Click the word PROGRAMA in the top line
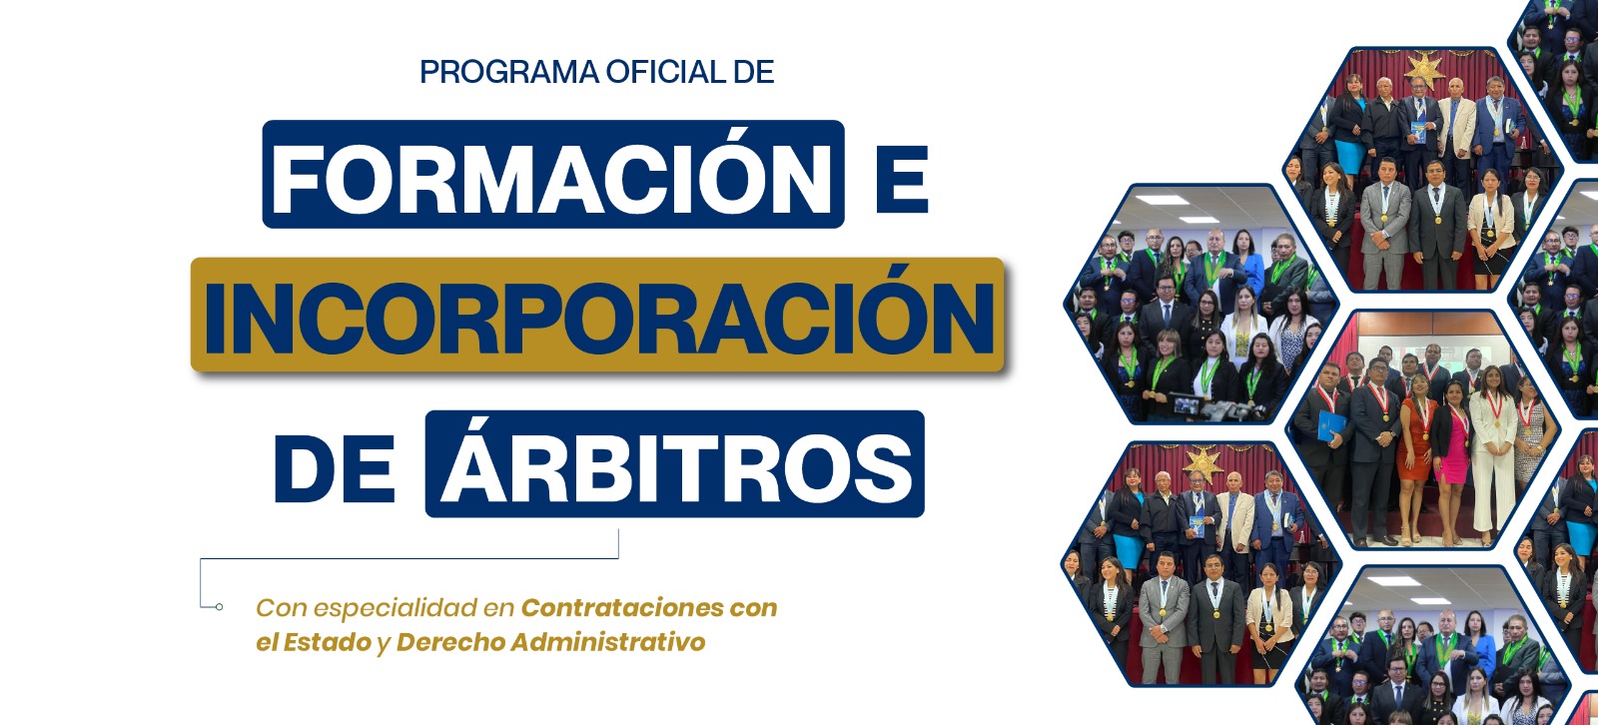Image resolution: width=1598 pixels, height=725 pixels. click(509, 72)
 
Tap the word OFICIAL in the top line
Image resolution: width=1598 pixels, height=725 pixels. click(665, 72)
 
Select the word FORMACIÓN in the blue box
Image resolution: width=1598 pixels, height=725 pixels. click(552, 176)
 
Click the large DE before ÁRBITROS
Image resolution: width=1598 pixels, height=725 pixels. click(335, 468)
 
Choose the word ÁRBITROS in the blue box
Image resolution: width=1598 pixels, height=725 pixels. click(675, 461)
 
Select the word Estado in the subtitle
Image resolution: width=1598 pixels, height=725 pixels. click(328, 642)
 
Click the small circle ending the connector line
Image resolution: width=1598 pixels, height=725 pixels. click(219, 607)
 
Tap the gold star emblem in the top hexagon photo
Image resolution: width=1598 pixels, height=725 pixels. click(1424, 71)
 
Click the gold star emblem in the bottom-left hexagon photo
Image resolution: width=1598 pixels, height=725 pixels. click(1203, 463)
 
